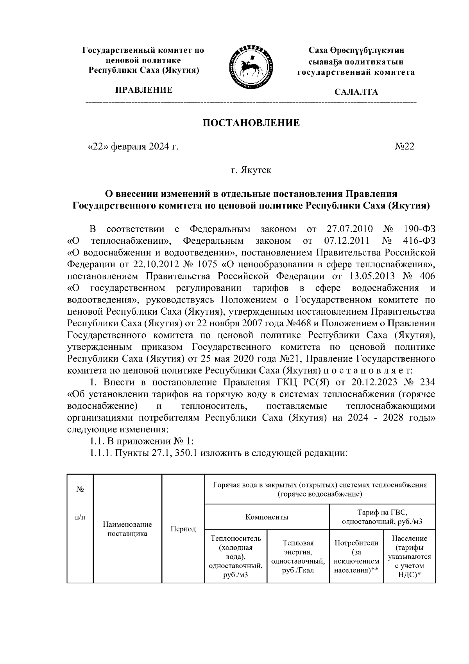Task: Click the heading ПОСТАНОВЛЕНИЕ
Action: tap(251, 123)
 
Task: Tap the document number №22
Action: tap(404, 147)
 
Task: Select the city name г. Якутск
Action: tap(251, 170)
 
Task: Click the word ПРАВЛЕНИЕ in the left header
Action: tap(143, 90)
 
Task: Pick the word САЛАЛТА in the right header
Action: tap(356, 92)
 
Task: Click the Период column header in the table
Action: tap(183, 529)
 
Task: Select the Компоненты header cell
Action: tap(267, 517)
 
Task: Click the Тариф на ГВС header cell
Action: tap(382, 517)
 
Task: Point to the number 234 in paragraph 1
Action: tap(426, 381)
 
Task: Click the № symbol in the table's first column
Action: tap(80, 489)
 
